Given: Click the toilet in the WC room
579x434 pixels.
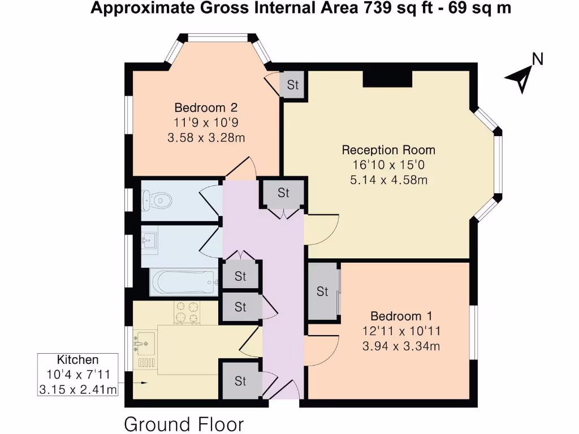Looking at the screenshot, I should coord(158,199).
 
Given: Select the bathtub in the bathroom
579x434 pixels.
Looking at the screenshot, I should coord(184,281).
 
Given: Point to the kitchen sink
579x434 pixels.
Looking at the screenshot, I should coord(144,341).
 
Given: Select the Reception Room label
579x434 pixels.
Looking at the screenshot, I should coord(388,150).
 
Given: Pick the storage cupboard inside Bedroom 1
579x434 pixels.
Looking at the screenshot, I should coord(322,292).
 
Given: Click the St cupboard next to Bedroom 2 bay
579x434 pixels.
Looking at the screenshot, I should coord(292,85).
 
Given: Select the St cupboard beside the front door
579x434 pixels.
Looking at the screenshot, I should coord(240,381).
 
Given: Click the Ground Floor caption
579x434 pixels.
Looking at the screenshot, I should coord(184,424).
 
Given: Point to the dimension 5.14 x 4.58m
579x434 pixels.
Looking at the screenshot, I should coord(388,180).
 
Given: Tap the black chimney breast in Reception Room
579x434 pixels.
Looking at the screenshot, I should coord(387,79).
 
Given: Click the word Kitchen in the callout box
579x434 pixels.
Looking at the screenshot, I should coord(78,360).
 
